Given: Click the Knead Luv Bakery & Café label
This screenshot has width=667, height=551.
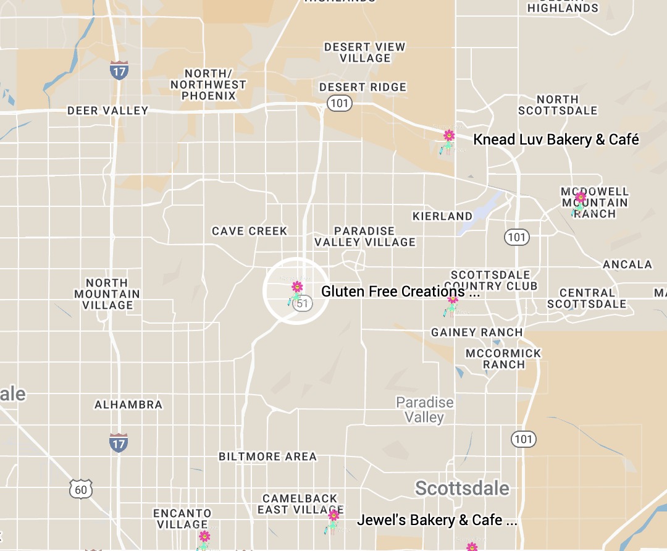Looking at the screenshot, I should [556, 140].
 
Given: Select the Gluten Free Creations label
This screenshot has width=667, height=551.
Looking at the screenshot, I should [400, 292].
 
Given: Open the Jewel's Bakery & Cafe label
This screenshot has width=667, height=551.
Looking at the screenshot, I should [437, 520].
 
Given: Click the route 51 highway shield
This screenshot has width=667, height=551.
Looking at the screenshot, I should [302, 303].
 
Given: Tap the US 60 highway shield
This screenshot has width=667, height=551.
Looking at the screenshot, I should [81, 490].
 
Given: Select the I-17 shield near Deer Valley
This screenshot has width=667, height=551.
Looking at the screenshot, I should [119, 70].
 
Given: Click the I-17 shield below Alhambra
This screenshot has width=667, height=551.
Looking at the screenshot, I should [118, 443].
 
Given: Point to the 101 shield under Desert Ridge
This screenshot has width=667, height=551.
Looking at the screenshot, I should [339, 103].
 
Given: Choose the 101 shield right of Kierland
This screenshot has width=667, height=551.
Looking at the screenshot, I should [516, 237].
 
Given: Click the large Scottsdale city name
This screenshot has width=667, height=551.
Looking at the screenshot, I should [462, 488].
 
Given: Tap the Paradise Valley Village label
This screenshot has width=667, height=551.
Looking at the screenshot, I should [365, 237].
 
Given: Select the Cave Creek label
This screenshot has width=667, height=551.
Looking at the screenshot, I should [250, 231].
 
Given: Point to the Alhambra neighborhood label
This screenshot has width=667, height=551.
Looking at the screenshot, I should [128, 405].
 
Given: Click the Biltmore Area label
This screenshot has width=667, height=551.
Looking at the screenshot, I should [267, 456].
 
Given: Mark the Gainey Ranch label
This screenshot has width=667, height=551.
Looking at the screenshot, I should [477, 332].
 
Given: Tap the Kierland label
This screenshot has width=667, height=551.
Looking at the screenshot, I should [442, 216].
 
